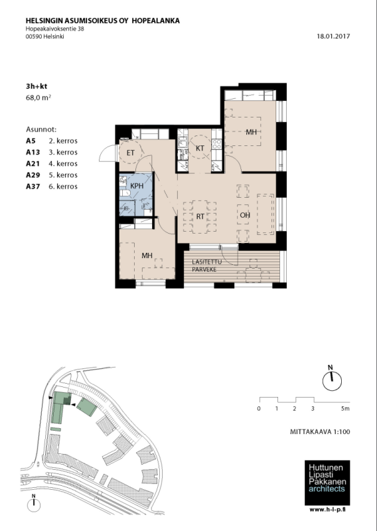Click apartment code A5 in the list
click(31, 141)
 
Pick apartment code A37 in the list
click(32, 187)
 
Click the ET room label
click(131, 153)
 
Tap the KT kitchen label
click(199, 147)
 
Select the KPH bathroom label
click(137, 186)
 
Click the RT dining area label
click(198, 216)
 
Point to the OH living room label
click(244, 216)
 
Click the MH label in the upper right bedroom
click(251, 132)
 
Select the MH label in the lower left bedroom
click(147, 255)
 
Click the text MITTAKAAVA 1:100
click(320, 432)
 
